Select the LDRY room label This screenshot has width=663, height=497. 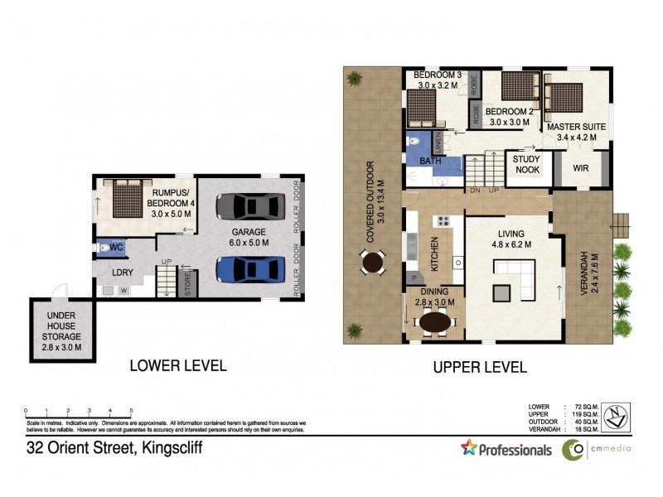coord(111,271)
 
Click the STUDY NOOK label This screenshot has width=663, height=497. coord(526,164)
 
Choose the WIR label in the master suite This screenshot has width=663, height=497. coord(582,167)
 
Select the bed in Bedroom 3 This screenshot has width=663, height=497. coord(422,105)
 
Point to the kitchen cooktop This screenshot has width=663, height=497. coord(443,221)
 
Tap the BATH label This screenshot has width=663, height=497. coord(431,161)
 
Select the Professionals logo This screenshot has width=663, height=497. coord(506,450)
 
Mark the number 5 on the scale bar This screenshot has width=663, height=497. coord(131,410)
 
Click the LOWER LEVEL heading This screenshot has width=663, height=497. coord(177,365)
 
